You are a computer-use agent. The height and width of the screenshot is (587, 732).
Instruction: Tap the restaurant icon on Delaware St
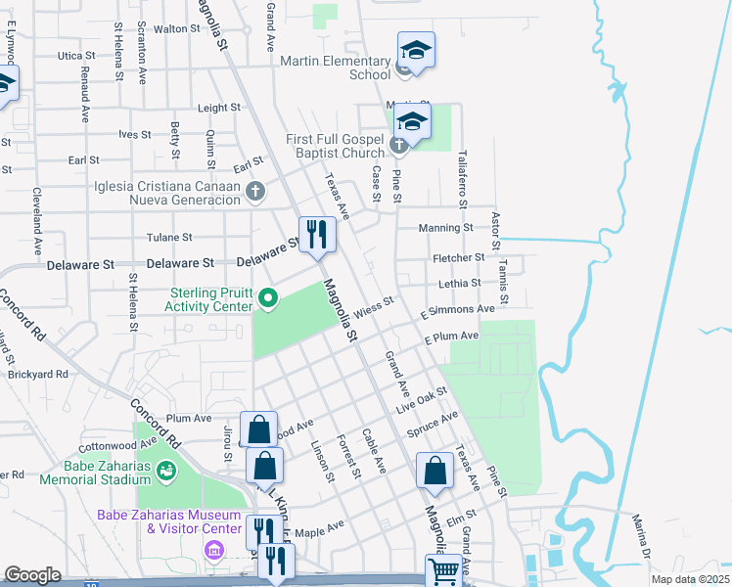tap(316, 235)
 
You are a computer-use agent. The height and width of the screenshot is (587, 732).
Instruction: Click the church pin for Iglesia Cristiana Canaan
tap(255, 191)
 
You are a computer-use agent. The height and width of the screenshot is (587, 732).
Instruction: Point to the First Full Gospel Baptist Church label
tap(336, 146)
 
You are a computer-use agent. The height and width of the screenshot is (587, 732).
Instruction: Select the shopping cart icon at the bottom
tap(443, 570)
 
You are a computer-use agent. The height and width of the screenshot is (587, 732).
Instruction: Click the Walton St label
tap(177, 29)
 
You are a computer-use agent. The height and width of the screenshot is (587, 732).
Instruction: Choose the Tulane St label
tap(169, 238)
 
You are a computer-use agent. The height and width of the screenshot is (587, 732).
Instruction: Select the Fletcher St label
tap(459, 257)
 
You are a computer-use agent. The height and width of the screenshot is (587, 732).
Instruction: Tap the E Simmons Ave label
tap(457, 310)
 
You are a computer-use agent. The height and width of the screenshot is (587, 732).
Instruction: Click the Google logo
tap(32, 575)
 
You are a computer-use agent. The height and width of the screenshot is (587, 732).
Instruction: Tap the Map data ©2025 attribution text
tap(689, 579)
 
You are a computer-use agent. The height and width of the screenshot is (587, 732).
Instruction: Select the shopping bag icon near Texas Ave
tap(435, 472)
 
